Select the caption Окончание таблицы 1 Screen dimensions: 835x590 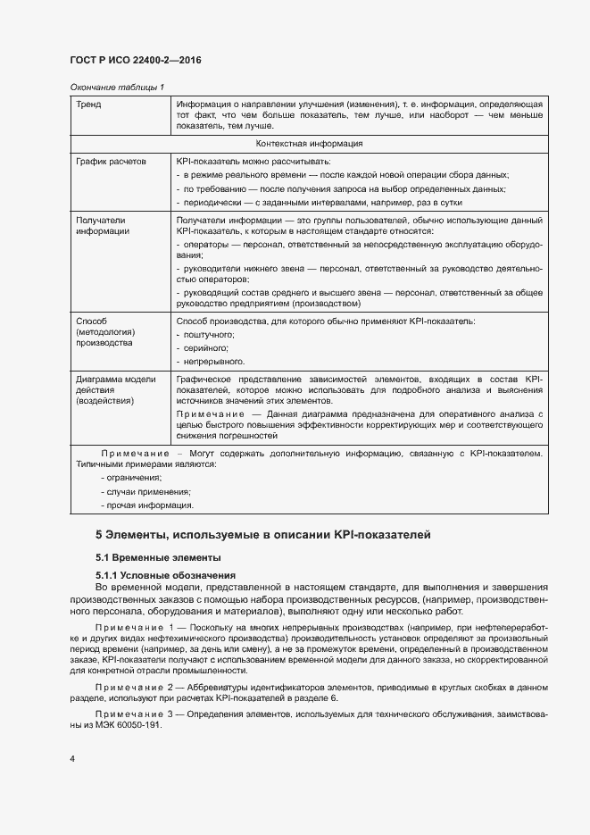(117, 87)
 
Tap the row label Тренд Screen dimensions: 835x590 (89, 104)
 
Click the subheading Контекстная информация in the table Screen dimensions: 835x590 (309, 144)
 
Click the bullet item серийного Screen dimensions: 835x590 (206, 347)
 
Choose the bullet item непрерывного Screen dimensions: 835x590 (213, 362)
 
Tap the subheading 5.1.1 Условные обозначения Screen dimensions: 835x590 (165, 575)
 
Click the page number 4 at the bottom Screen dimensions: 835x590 (72, 758)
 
